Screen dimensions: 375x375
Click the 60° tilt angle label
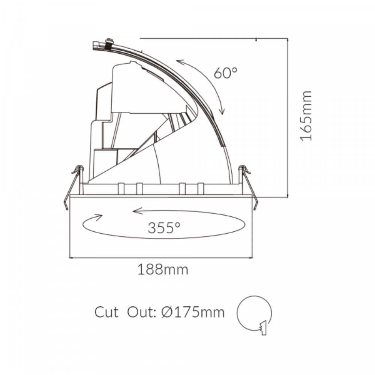tap(226, 73)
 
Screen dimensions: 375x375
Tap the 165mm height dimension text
tap(306, 115)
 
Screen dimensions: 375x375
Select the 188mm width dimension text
tap(162, 269)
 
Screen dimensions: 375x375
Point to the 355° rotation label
tap(164, 228)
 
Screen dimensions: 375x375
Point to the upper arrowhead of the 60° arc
tap(178, 62)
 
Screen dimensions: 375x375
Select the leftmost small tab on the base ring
tap(121, 188)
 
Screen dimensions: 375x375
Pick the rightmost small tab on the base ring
tap(201, 188)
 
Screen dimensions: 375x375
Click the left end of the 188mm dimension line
tap(70, 258)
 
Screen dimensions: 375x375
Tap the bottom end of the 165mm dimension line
tap(288, 196)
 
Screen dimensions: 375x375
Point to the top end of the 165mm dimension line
tap(288, 38)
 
